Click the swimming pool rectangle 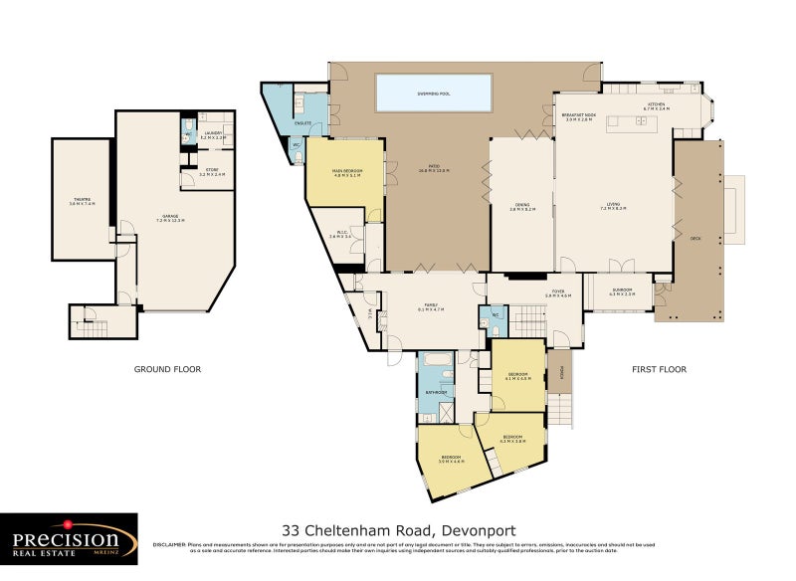pos(434,93)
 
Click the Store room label pos(212,172)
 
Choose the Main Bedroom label pos(344,172)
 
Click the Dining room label pos(521,207)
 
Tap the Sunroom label pos(622,290)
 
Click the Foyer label pos(557,293)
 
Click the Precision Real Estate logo pos(69,539)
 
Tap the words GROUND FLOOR pos(167,369)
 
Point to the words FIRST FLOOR pos(659,369)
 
